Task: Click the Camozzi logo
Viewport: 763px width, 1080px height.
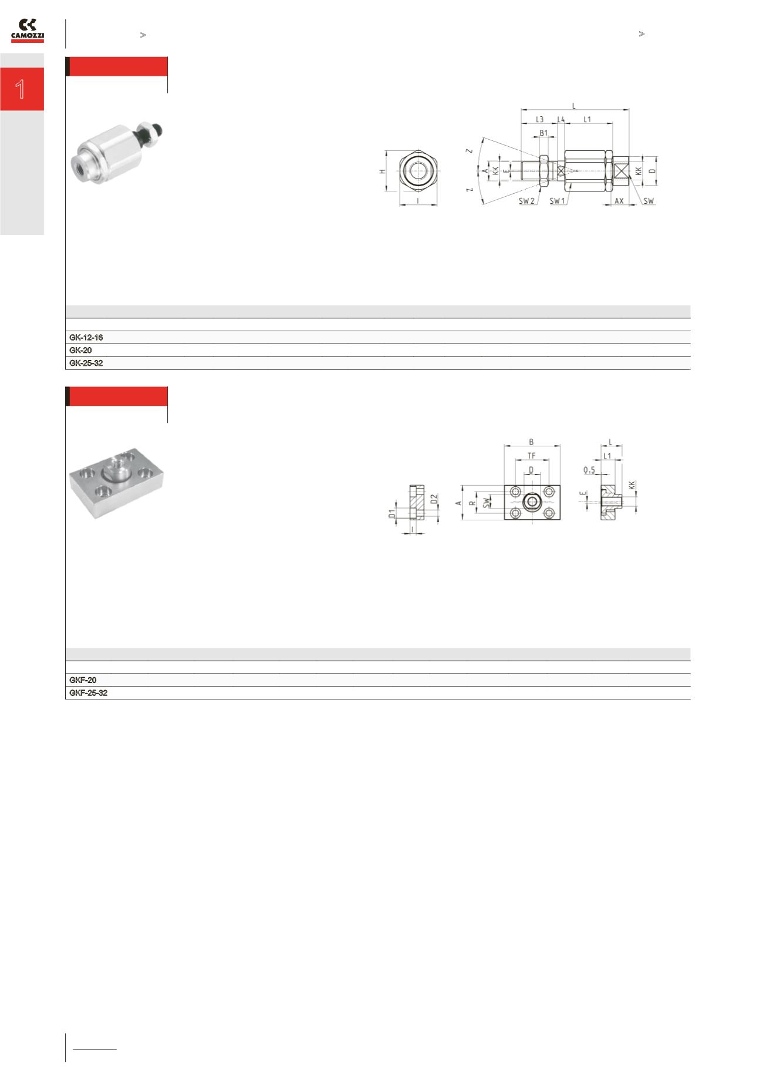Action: pyautogui.click(x=28, y=31)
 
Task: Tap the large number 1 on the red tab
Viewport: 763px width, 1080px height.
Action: pyautogui.click(x=21, y=89)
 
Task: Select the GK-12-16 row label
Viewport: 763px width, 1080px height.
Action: pyautogui.click(x=86, y=338)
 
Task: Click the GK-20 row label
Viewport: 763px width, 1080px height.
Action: pyautogui.click(x=80, y=350)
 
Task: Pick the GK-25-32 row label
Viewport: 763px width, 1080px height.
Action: pyautogui.click(x=86, y=363)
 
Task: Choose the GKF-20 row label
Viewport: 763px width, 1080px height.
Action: pyautogui.click(x=83, y=680)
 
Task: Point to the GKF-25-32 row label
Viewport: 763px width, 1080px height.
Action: pyautogui.click(x=89, y=693)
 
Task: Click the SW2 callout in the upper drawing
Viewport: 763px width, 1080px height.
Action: pyautogui.click(x=526, y=201)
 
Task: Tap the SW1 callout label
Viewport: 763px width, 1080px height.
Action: pyautogui.click(x=558, y=201)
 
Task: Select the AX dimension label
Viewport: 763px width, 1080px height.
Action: pyautogui.click(x=619, y=201)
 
